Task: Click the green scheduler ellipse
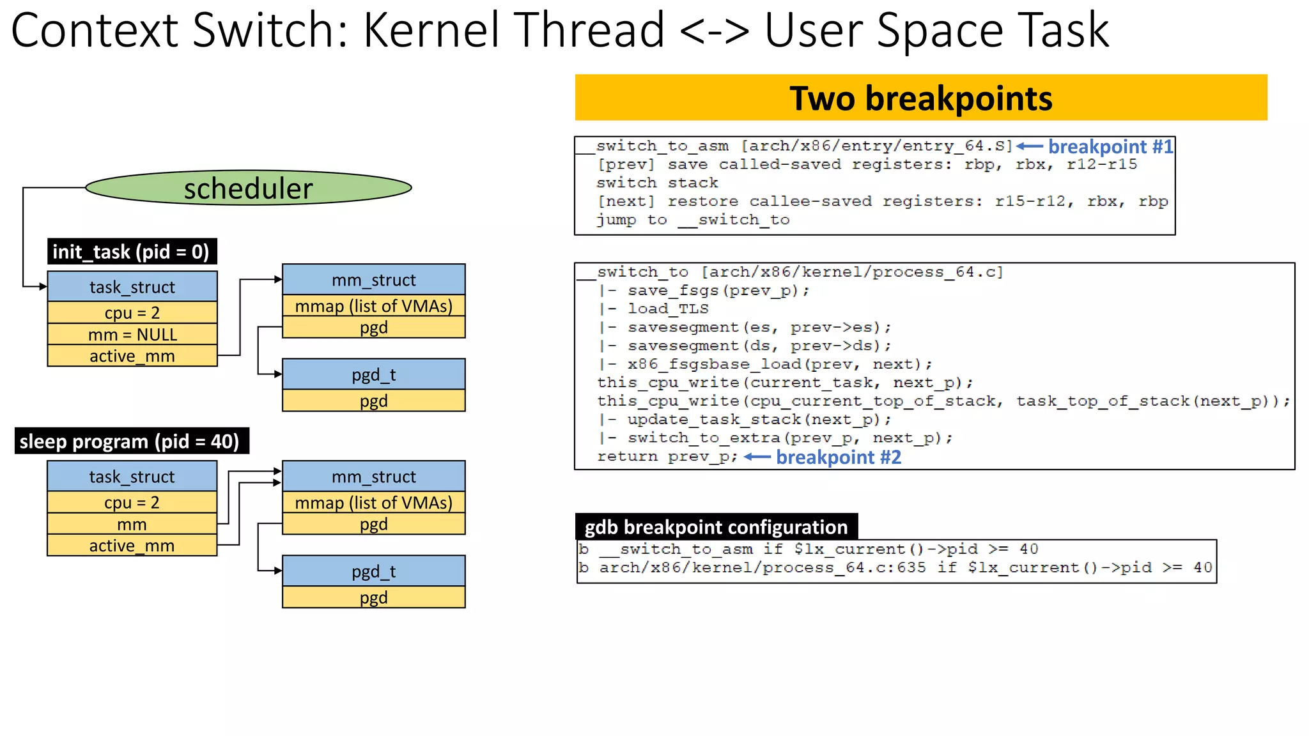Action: click(x=248, y=188)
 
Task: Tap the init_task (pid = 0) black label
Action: click(x=132, y=252)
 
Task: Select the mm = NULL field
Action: click(x=132, y=334)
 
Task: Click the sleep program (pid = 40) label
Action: click(x=130, y=441)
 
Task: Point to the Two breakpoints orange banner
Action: click(x=920, y=98)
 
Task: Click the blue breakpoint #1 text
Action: click(x=1110, y=147)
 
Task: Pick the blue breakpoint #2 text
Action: click(x=838, y=457)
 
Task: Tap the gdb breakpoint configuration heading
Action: click(x=716, y=527)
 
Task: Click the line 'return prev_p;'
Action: click(x=667, y=457)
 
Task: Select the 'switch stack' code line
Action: click(x=657, y=183)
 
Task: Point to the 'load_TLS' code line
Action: click(x=668, y=309)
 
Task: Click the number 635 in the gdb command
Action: click(x=911, y=567)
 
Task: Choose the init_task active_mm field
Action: click(x=132, y=356)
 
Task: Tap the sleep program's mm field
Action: click(x=132, y=525)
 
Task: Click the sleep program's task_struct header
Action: click(x=132, y=477)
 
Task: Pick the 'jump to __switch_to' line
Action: click(x=693, y=220)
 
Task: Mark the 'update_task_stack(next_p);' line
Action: click(x=759, y=420)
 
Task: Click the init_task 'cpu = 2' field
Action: click(x=132, y=313)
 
